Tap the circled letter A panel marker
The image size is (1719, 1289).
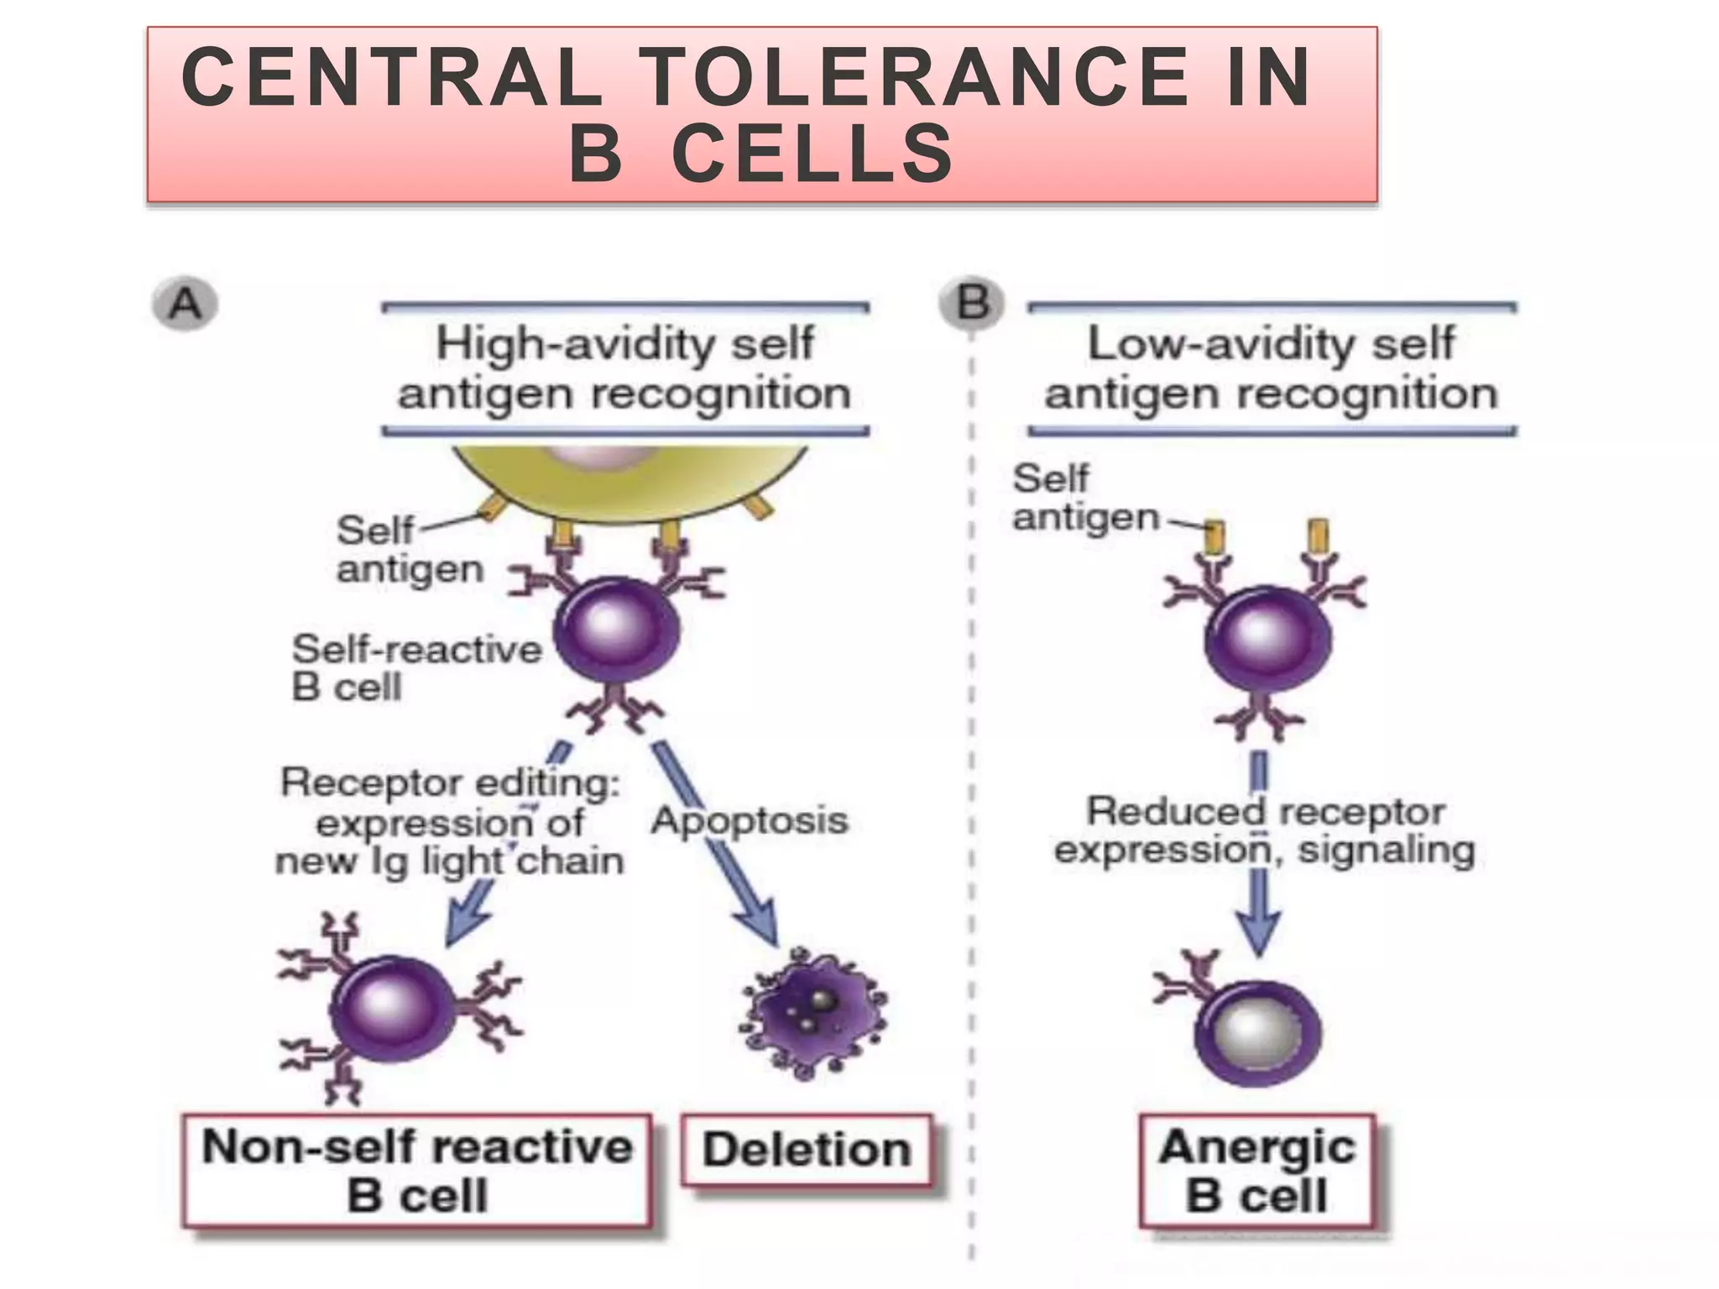pyautogui.click(x=185, y=304)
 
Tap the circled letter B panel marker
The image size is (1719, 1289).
pyautogui.click(x=972, y=302)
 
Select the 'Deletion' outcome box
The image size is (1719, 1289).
pyautogui.click(x=807, y=1150)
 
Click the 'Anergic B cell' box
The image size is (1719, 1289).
pyautogui.click(x=1257, y=1172)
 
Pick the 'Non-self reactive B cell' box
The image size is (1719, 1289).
pyautogui.click(x=417, y=1172)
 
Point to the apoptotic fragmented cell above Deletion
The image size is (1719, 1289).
pyautogui.click(x=812, y=1014)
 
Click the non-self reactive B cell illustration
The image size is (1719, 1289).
pyautogui.click(x=393, y=1009)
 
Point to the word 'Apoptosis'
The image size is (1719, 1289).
pyautogui.click(x=750, y=820)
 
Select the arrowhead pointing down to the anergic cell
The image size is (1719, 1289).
pyautogui.click(x=1259, y=932)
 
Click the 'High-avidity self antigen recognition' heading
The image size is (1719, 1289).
pyautogui.click(x=624, y=368)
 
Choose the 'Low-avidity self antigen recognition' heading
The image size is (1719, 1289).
pyautogui.click(x=1271, y=368)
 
